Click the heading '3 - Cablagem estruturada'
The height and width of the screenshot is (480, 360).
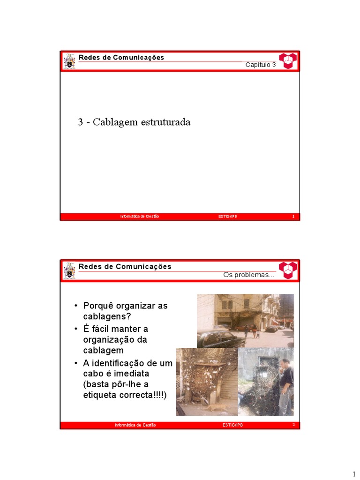point(134,122)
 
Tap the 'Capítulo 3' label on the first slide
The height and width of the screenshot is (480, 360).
point(261,65)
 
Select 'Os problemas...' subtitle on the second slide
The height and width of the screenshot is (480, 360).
point(248,275)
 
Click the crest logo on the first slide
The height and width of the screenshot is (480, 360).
point(69,61)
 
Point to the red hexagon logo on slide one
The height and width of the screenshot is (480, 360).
point(288,60)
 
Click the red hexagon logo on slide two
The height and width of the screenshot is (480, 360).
point(288,270)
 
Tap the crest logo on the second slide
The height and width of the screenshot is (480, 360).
point(69,270)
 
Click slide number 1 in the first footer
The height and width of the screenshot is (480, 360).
point(293,217)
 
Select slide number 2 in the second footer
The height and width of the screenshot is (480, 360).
point(293,425)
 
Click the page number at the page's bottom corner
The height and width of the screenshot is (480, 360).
point(354,474)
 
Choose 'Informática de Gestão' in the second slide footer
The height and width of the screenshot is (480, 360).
point(135,425)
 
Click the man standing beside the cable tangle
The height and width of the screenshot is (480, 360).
point(285,384)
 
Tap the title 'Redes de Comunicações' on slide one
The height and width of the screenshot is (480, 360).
point(121,58)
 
